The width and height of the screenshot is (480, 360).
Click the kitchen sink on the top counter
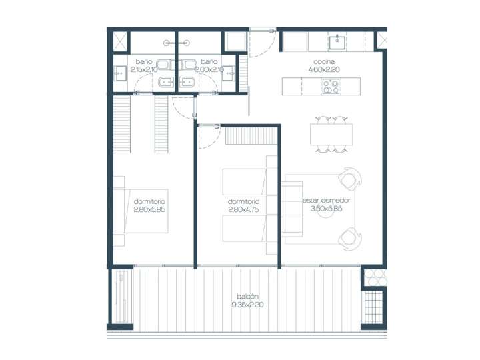click(338, 43)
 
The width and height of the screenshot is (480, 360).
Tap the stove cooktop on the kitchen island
click(331, 86)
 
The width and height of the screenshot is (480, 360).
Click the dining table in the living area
click(331, 135)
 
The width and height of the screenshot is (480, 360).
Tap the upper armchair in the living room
click(349, 179)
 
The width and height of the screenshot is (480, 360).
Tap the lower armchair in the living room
click(349, 236)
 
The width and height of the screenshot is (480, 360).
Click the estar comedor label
click(326, 200)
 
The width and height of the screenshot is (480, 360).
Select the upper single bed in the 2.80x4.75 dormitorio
click(245, 179)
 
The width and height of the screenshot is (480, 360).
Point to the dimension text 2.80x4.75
click(243, 209)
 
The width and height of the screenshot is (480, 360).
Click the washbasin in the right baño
click(229, 74)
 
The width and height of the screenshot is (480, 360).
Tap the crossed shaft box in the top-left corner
click(119, 41)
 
